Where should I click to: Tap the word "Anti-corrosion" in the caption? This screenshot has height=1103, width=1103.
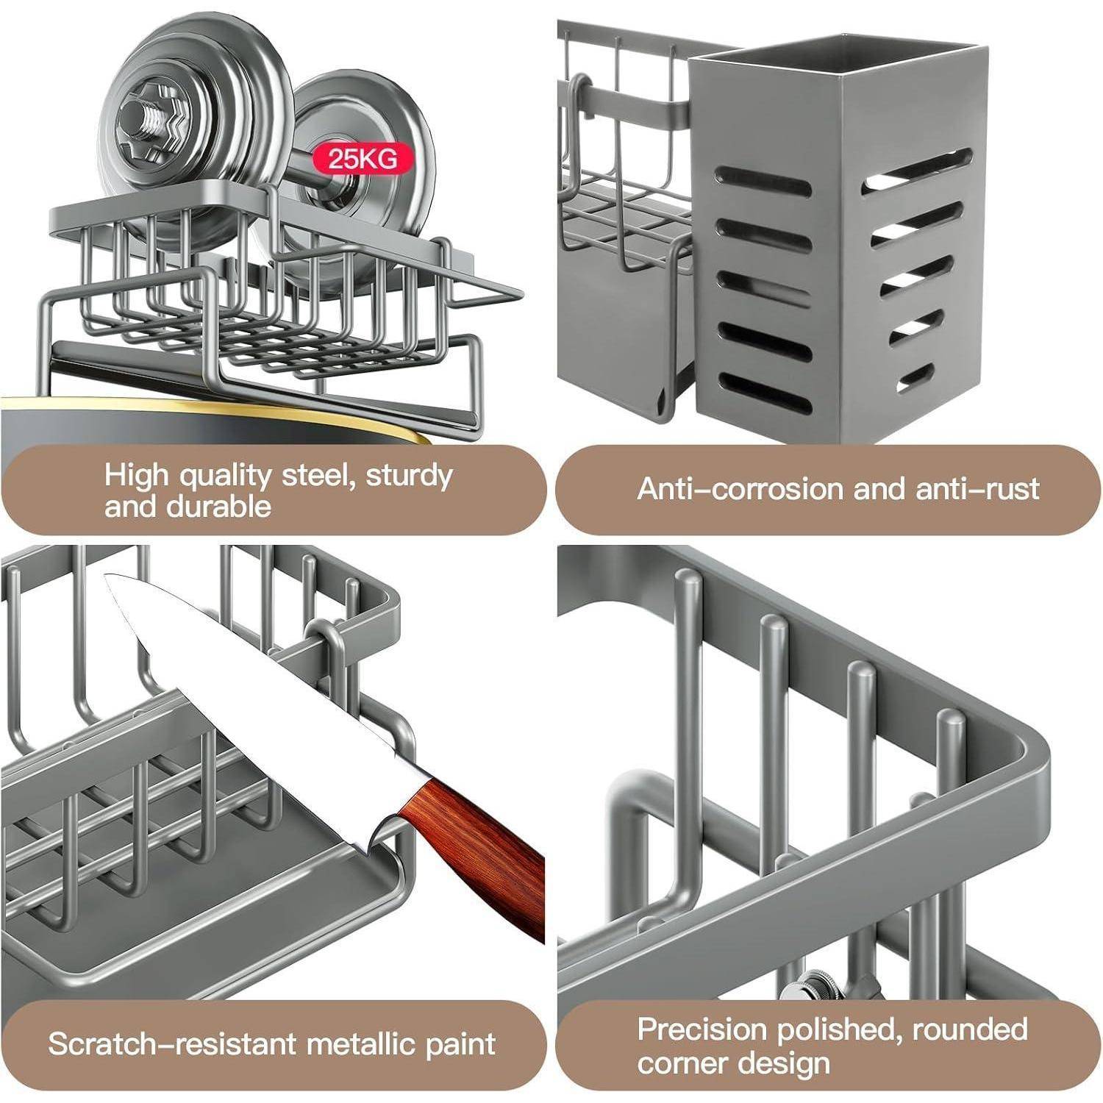pos(742,489)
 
